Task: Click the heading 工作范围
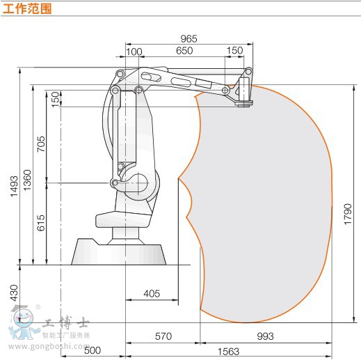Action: pyautogui.click(x=27, y=9)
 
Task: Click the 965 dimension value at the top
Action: pyautogui.click(x=188, y=38)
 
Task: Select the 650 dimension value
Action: pyautogui.click(x=184, y=51)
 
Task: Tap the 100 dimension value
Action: pyautogui.click(x=134, y=52)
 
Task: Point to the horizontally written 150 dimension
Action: pyautogui.click(x=234, y=50)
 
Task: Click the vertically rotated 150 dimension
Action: pyautogui.click(x=56, y=100)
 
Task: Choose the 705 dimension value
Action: pyautogui.click(x=41, y=144)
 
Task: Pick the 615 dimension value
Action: pyautogui.click(x=41, y=223)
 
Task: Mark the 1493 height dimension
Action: pyautogui.click(x=14, y=186)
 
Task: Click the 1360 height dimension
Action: pyautogui.click(x=27, y=180)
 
